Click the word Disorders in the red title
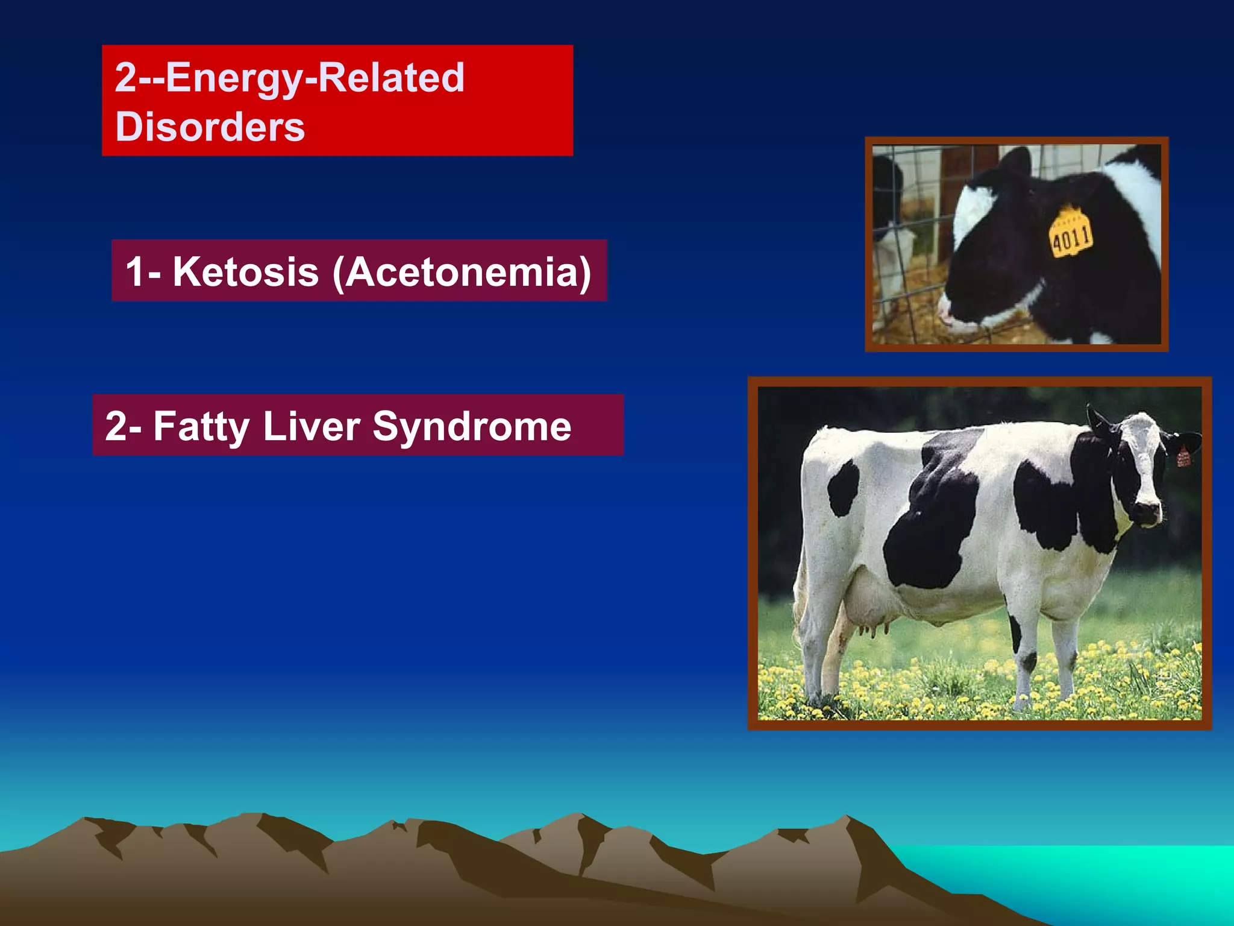210,127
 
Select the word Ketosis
246,272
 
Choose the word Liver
311,426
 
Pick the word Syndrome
472,427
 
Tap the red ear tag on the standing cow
1183,456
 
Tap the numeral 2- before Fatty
123,427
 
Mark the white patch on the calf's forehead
973,211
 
